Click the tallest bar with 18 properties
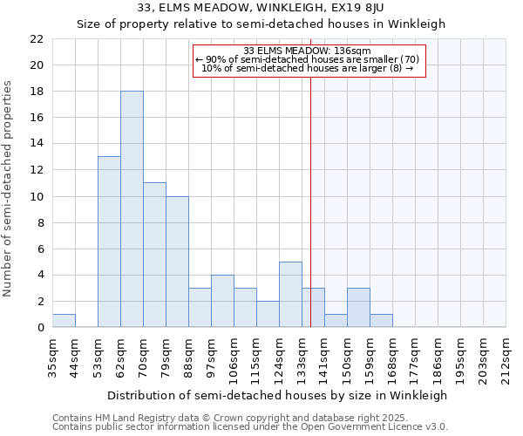(x=132, y=209)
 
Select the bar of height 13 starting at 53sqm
(x=109, y=242)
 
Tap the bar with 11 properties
(x=154, y=255)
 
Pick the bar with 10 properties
(x=177, y=262)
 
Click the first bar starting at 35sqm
(x=64, y=320)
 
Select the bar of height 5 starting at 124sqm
(x=290, y=295)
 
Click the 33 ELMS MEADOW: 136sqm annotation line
(x=308, y=50)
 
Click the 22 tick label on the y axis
(x=37, y=39)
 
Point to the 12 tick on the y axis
(x=37, y=170)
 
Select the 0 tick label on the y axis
(x=40, y=328)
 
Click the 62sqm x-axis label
(x=121, y=358)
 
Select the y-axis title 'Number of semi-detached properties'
(x=9, y=188)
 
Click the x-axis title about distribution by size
(x=279, y=395)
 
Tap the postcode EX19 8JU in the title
(x=391, y=8)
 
